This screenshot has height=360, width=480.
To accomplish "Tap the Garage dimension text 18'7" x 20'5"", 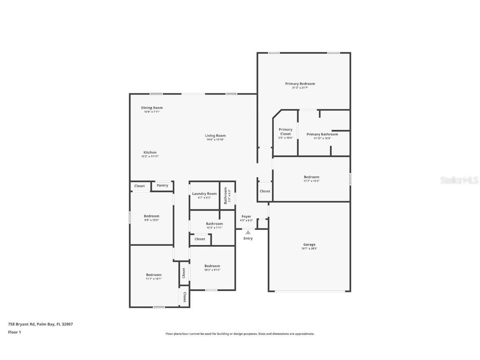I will click(x=309, y=249).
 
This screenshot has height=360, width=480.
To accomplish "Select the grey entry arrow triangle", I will click(x=248, y=232).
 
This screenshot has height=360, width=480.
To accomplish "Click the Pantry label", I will click(x=162, y=185).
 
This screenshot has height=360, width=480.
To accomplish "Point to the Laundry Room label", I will click(x=204, y=194).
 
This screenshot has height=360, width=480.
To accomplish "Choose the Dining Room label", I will click(x=152, y=108).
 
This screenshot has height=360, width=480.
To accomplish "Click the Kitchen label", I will click(x=150, y=152).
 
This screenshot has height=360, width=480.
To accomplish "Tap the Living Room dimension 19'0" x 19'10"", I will click(x=215, y=140).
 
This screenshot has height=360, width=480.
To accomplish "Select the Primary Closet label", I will click(x=285, y=132).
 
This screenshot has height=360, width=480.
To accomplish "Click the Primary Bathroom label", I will click(x=322, y=134).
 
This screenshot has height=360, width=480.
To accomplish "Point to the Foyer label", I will click(x=246, y=217).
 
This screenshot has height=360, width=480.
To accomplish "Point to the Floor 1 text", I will click(x=14, y=332).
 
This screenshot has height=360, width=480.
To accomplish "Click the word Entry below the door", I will click(x=248, y=239).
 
